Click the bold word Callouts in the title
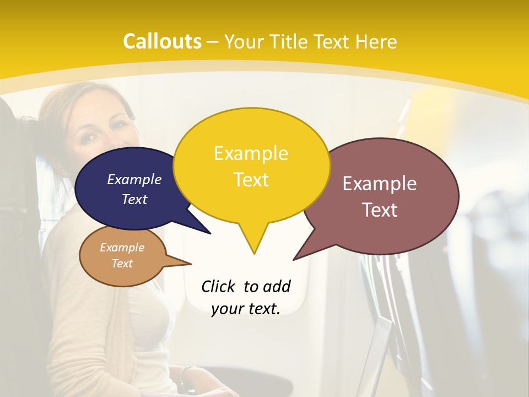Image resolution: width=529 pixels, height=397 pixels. (x=162, y=41)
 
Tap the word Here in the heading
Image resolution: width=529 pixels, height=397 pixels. (x=376, y=41)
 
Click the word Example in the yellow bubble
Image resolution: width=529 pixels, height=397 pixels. (x=251, y=153)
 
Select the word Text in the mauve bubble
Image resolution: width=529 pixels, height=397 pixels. (x=380, y=210)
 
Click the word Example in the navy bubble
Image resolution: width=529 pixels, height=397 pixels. (x=134, y=180)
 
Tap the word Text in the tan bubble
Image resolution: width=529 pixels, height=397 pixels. (x=122, y=264)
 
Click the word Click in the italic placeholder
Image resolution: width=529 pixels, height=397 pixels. (x=218, y=286)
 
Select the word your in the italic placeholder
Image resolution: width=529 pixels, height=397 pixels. (x=227, y=309)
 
